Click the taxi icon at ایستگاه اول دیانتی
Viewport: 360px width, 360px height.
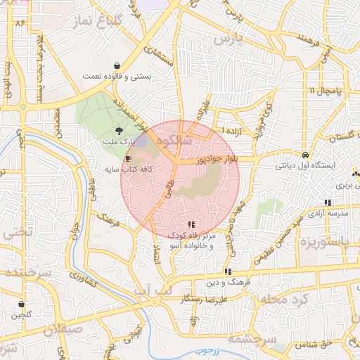(304, 155)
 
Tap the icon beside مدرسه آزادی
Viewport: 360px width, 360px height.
(328, 202)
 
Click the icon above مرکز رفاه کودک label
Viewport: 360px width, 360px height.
(191, 224)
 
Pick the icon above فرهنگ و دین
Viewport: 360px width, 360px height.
(227, 271)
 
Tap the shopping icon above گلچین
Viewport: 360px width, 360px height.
(21, 304)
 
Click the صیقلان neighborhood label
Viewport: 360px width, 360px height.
(49, 328)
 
